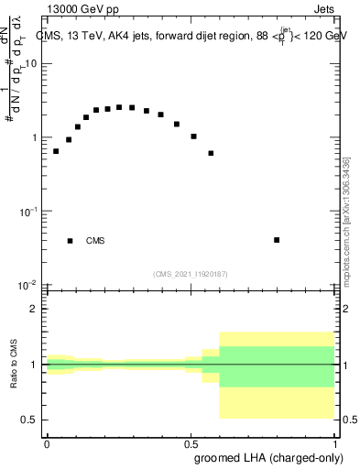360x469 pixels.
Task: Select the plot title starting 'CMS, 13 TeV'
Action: click(191, 36)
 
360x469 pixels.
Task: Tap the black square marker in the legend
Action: click(70, 241)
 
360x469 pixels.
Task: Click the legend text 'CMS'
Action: click(95, 241)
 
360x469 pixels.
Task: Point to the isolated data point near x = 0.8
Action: click(277, 240)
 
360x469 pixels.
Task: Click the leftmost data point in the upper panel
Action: click(56, 151)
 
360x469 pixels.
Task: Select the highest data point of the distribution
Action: click(119, 107)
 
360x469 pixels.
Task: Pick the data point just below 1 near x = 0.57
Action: click(211, 153)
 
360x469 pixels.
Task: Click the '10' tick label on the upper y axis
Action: click(31, 63)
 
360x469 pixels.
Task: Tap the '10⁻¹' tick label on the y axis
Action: click(29, 211)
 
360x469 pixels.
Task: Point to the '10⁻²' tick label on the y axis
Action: click(29, 285)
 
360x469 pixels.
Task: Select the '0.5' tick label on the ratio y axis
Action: click(29, 420)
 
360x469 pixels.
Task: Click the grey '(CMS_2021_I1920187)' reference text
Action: click(191, 273)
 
